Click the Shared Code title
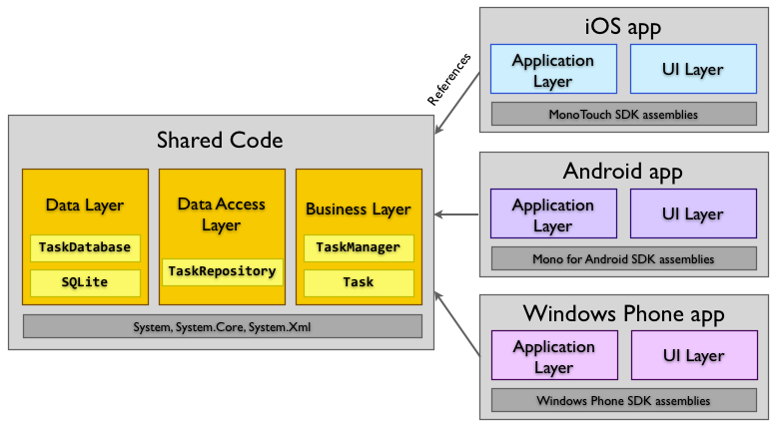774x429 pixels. pos(220,141)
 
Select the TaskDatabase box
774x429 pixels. pos(84,246)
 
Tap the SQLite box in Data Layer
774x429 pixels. pos(84,282)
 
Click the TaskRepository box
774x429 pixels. pos(222,270)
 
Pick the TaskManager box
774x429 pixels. pos(358,246)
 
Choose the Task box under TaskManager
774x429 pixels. pos(358,282)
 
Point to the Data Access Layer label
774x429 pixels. pos(222,214)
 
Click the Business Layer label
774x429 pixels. pos(358,210)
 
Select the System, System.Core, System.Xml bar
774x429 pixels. pos(222,326)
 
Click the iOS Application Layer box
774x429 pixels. pos(552,69)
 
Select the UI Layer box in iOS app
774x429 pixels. pos(692,69)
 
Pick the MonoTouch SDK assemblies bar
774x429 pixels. pos(622,115)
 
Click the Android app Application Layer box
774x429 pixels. pos(552,214)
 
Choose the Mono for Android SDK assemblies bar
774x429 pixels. pos(622,259)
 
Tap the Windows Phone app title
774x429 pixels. pos(622,314)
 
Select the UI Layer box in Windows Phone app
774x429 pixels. pos(692,356)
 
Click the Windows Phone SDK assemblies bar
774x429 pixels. pos(622,401)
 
